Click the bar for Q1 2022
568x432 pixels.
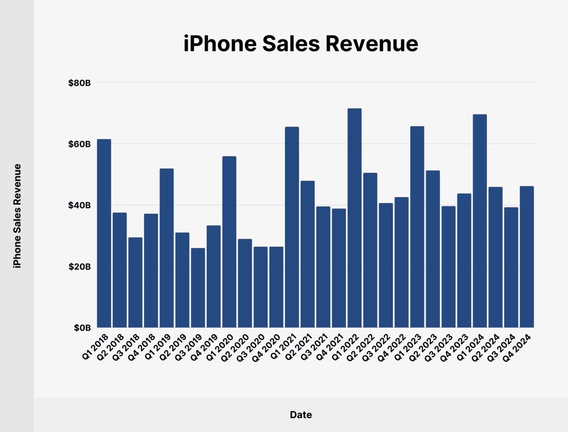click(354, 218)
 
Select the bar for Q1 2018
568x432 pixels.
click(104, 233)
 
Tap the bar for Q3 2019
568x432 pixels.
click(198, 287)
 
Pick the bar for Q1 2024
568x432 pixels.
click(480, 221)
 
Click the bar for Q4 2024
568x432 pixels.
click(527, 257)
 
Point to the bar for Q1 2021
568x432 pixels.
click(292, 227)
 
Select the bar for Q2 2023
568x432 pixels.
click(433, 249)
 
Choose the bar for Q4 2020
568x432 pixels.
click(276, 287)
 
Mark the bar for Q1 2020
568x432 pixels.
click(229, 242)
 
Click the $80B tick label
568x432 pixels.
click(79, 83)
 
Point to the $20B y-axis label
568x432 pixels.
click(79, 267)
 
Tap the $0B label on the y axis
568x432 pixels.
click(82, 328)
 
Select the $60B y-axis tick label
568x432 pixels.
click(79, 144)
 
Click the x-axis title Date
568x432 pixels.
click(301, 415)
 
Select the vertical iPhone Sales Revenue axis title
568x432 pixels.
click(17, 216)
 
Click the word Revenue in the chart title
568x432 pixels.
click(372, 43)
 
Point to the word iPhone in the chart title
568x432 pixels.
click(220, 43)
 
